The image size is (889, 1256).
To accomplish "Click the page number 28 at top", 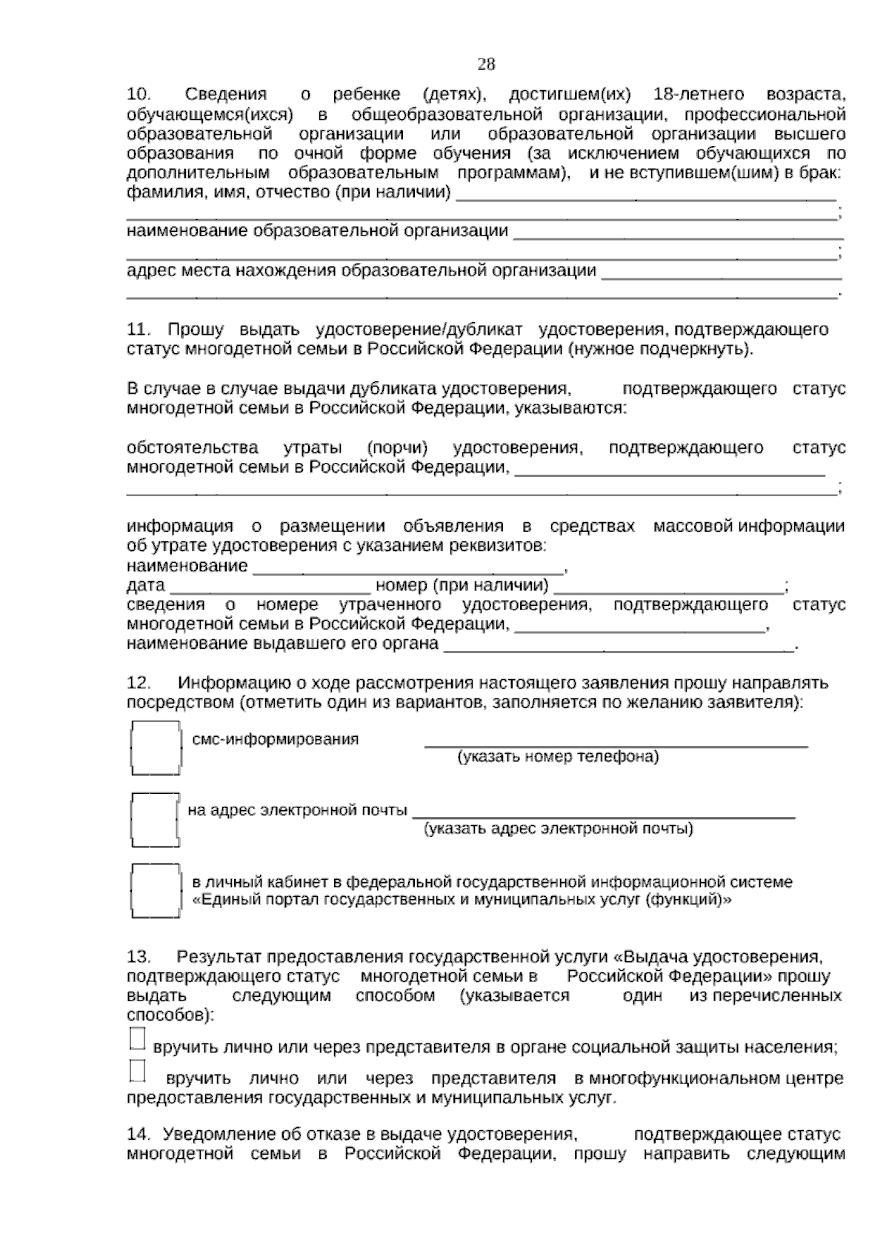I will pyautogui.click(x=486, y=64).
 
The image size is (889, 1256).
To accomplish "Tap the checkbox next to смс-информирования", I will pyautogui.click(x=156, y=748).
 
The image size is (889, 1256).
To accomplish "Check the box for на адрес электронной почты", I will pyautogui.click(x=155, y=819).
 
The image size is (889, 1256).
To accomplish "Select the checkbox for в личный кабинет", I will pyautogui.click(x=156, y=891).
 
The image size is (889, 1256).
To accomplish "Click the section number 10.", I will pyautogui.click(x=139, y=95).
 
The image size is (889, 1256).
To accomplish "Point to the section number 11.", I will pyautogui.click(x=139, y=329).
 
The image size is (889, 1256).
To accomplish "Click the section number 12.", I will pyautogui.click(x=139, y=682).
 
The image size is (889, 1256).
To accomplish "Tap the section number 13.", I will pyautogui.click(x=139, y=957).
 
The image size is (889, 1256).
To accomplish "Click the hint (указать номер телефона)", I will pyautogui.click(x=557, y=757).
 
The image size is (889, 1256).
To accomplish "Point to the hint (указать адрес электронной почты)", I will pyautogui.click(x=558, y=829).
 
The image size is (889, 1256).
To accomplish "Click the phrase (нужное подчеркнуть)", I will pyautogui.click(x=660, y=349).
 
